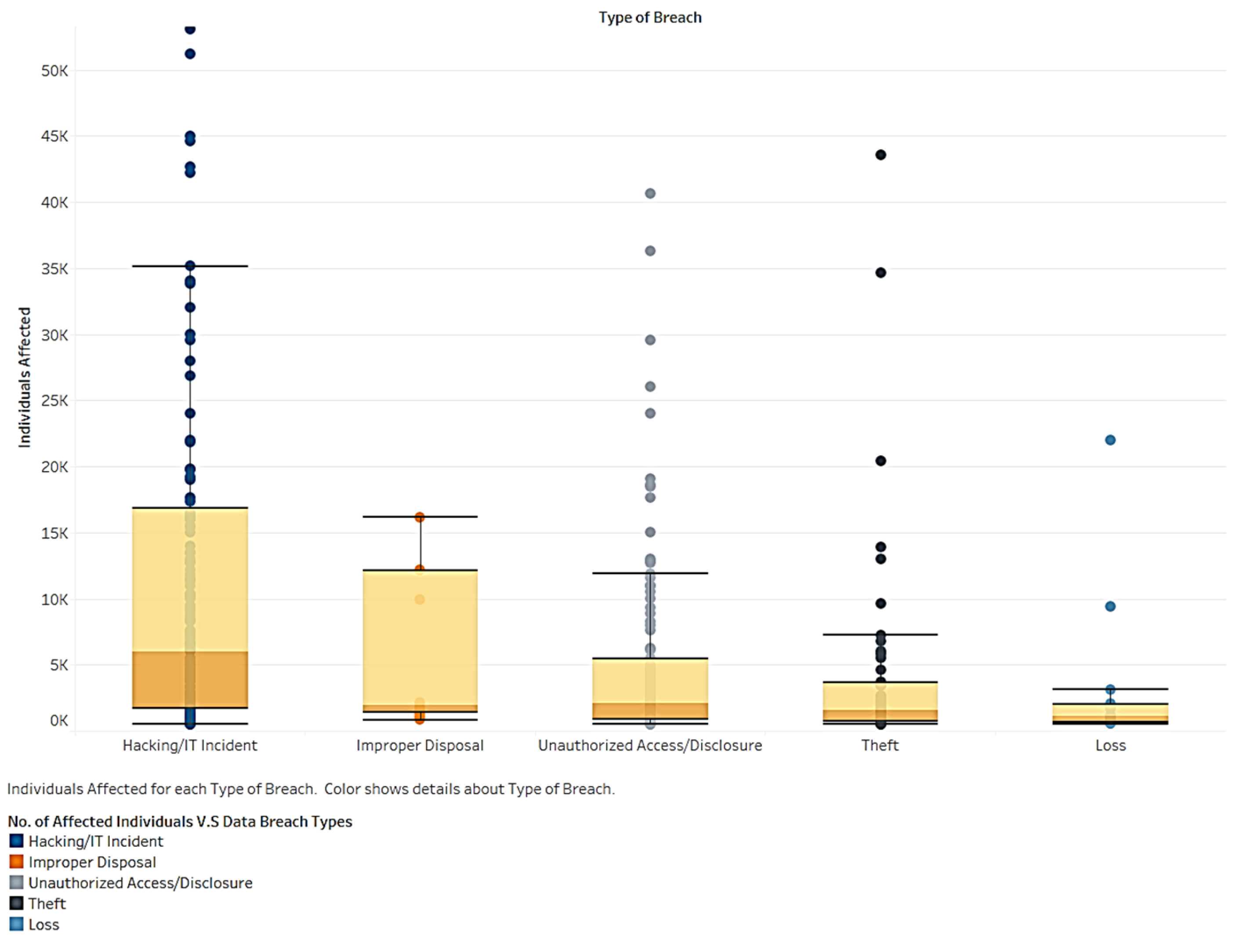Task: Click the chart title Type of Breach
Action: (x=650, y=18)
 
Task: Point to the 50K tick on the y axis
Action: (x=54, y=71)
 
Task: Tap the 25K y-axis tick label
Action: (x=54, y=401)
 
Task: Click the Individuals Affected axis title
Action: (x=24, y=377)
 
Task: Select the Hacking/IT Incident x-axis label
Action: (x=190, y=745)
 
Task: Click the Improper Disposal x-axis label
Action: (x=420, y=745)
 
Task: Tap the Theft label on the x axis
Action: (x=880, y=745)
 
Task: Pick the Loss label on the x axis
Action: (x=1110, y=745)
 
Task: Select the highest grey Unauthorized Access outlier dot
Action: (x=650, y=193)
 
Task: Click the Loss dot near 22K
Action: (x=1110, y=440)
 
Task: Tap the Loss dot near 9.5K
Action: (x=1110, y=606)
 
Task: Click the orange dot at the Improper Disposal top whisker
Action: (x=420, y=517)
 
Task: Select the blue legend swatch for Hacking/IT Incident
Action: (x=16, y=841)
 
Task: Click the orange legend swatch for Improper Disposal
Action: (x=16, y=861)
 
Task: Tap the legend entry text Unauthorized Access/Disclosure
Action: (x=140, y=883)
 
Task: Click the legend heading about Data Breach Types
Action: (x=180, y=821)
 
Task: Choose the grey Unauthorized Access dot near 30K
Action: (x=650, y=340)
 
